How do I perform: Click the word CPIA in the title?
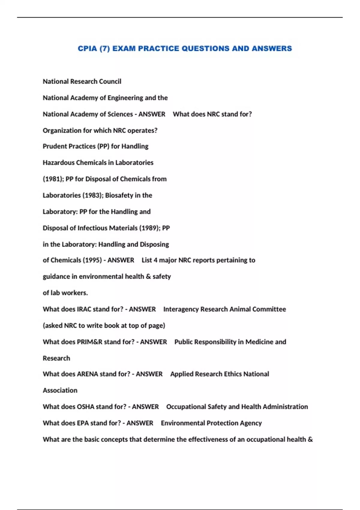87,49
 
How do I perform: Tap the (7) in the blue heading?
105,49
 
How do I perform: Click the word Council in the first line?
110,81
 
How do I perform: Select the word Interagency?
181,309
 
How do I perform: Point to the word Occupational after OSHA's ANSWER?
186,407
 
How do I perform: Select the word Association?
60,390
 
